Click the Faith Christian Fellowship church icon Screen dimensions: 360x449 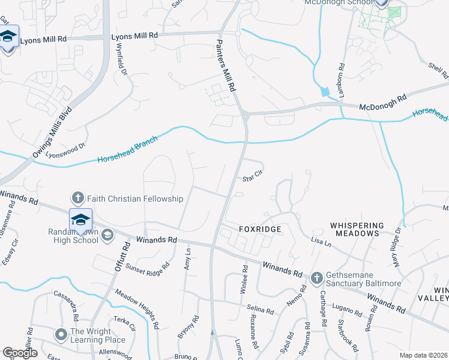click(77, 197)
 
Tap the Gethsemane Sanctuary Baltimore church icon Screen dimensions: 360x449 click(318, 278)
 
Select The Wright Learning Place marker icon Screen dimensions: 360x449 click(61, 334)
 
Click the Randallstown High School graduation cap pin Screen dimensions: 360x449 click(80, 219)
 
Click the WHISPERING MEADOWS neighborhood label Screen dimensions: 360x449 click(355, 229)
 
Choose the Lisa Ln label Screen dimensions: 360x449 click(321, 242)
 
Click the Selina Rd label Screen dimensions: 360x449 click(261, 310)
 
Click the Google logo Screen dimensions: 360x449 click(20, 353)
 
